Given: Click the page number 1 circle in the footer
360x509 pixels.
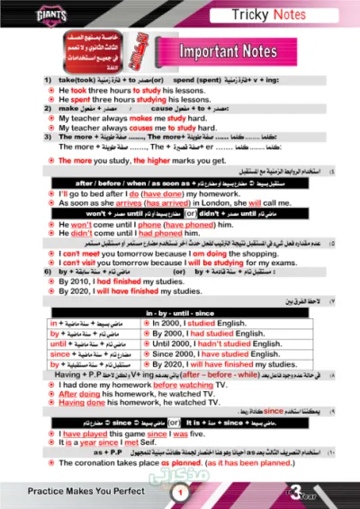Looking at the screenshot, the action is [179, 492].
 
